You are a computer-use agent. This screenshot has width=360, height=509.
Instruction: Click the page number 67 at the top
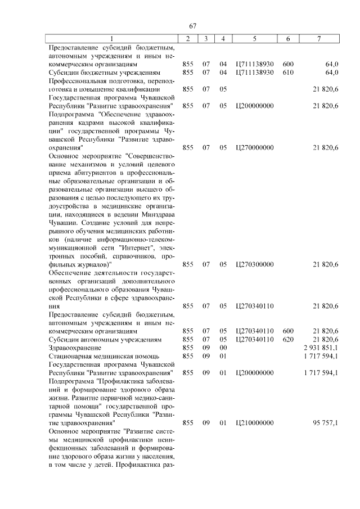click(x=192, y=26)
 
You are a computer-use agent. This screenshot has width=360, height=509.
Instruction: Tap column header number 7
click(x=319, y=39)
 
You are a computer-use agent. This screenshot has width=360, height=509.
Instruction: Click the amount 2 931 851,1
click(x=321, y=348)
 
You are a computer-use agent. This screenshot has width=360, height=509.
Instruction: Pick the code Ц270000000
click(x=255, y=147)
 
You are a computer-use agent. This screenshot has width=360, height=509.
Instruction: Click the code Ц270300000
click(x=255, y=264)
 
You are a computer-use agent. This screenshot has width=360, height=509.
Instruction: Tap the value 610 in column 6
click(x=288, y=73)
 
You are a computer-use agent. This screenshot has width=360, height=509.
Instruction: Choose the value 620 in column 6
click(x=288, y=340)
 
